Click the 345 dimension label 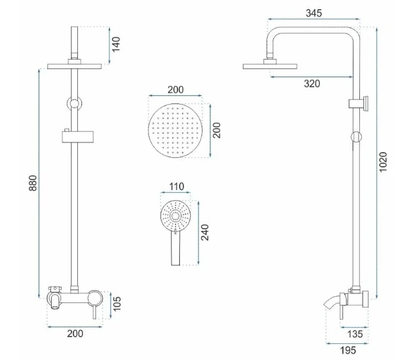(x=314, y=13)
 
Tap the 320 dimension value (x=312, y=84)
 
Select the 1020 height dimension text (x=383, y=162)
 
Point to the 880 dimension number (x=33, y=183)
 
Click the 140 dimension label (x=115, y=44)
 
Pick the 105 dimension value (x=116, y=304)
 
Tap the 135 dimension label (x=355, y=334)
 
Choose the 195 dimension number (x=348, y=351)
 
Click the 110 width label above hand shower (x=177, y=187)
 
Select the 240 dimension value (x=205, y=232)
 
